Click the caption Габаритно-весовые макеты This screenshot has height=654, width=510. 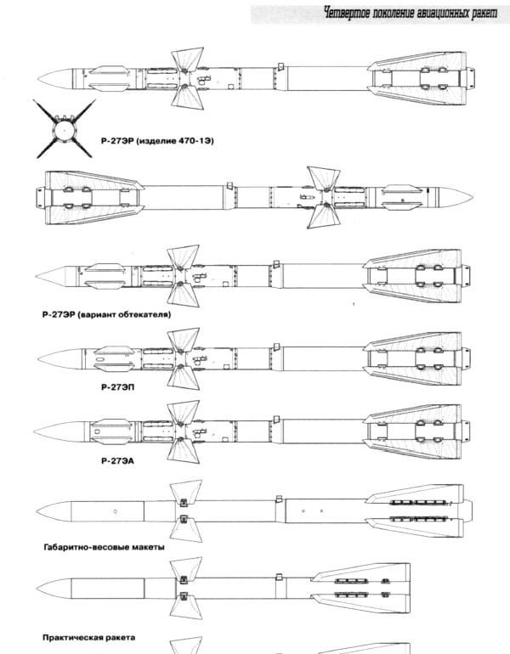coord(104,547)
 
